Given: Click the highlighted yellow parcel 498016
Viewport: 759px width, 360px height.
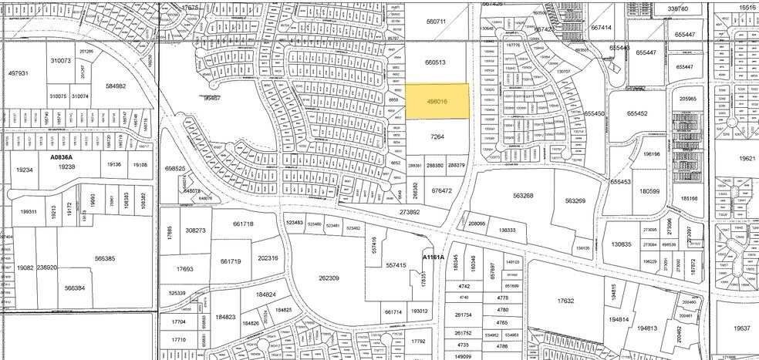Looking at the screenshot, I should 437,101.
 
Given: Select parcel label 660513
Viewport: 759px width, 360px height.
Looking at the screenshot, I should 437,63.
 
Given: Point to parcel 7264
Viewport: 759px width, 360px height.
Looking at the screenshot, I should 437,136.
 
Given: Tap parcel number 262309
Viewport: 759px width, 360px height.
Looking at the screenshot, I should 329,278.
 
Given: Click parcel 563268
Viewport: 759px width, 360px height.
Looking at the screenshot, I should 527,196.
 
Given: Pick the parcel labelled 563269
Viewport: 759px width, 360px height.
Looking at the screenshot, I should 575,201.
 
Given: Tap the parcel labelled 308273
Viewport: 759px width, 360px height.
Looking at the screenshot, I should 195,230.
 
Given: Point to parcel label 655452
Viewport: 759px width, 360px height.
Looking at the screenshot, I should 637,113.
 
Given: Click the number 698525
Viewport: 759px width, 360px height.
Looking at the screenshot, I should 175,169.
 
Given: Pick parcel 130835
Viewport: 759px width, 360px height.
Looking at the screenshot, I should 622,244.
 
